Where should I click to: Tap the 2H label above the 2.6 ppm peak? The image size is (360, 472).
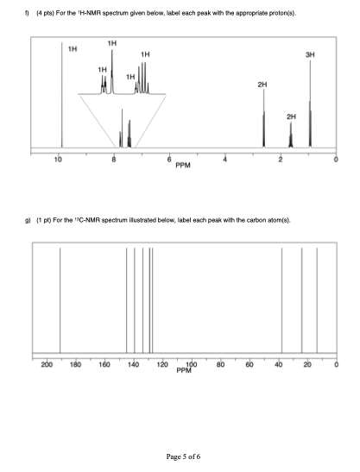(x=263, y=85)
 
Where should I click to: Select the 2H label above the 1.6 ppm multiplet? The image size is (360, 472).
(x=291, y=115)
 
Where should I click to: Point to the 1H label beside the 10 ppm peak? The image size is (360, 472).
(x=73, y=48)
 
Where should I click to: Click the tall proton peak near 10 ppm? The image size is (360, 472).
(x=61, y=95)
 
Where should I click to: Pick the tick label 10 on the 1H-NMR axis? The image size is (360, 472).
(x=58, y=160)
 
